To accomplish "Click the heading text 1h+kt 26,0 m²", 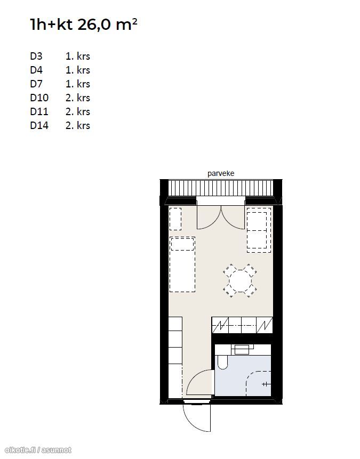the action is pyautogui.click(x=84, y=25).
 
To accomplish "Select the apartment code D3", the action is pyautogui.click(x=36, y=56).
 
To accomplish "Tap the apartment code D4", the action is pyautogui.click(x=36, y=70).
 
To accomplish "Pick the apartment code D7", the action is pyautogui.click(x=36, y=84).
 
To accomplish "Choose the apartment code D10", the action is pyautogui.click(x=39, y=98).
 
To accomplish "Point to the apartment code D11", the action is pyautogui.click(x=39, y=111).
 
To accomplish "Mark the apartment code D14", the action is pyautogui.click(x=39, y=125).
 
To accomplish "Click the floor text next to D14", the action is pyautogui.click(x=78, y=125).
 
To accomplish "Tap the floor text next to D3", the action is pyautogui.click(x=78, y=56).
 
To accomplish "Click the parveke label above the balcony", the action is pyautogui.click(x=221, y=173).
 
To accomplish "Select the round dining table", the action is pyautogui.click(x=240, y=281).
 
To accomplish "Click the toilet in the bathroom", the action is pyautogui.click(x=222, y=362).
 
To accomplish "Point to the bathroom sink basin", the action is pyautogui.click(x=242, y=349).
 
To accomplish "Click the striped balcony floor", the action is pyautogui.click(x=221, y=188).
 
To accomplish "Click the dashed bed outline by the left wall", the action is pyautogui.click(x=182, y=264).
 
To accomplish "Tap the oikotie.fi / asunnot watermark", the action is pyautogui.click(x=38, y=450).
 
